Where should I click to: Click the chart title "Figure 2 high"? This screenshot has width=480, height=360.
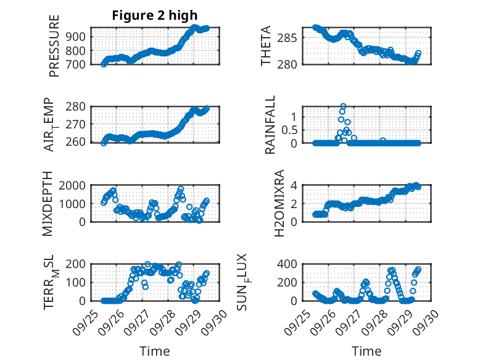(155, 15)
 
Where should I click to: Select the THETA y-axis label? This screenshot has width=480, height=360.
(266, 46)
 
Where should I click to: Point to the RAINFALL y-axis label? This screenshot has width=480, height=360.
(270, 125)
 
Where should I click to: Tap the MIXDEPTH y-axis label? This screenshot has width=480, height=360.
(48, 204)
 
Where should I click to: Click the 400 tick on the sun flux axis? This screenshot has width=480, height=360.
(291, 264)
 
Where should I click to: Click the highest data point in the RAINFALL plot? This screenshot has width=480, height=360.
(343, 106)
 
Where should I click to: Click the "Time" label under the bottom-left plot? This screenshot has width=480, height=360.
(155, 351)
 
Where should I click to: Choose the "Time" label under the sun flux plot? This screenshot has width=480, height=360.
(366, 351)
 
